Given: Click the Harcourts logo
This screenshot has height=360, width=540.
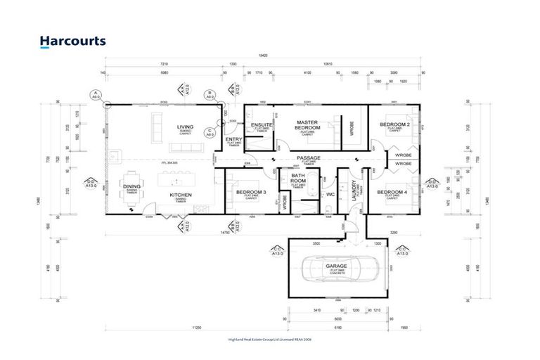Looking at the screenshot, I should click(x=73, y=41).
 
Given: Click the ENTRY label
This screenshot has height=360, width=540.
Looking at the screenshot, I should click(x=233, y=139).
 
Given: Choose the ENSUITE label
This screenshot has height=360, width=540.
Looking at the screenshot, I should click(x=261, y=124).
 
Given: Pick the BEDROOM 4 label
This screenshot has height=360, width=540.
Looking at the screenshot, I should click(x=391, y=192).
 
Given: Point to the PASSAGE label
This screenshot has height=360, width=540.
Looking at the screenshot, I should click(x=308, y=158).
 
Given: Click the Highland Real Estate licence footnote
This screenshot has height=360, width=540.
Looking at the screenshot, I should click(x=269, y=340).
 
